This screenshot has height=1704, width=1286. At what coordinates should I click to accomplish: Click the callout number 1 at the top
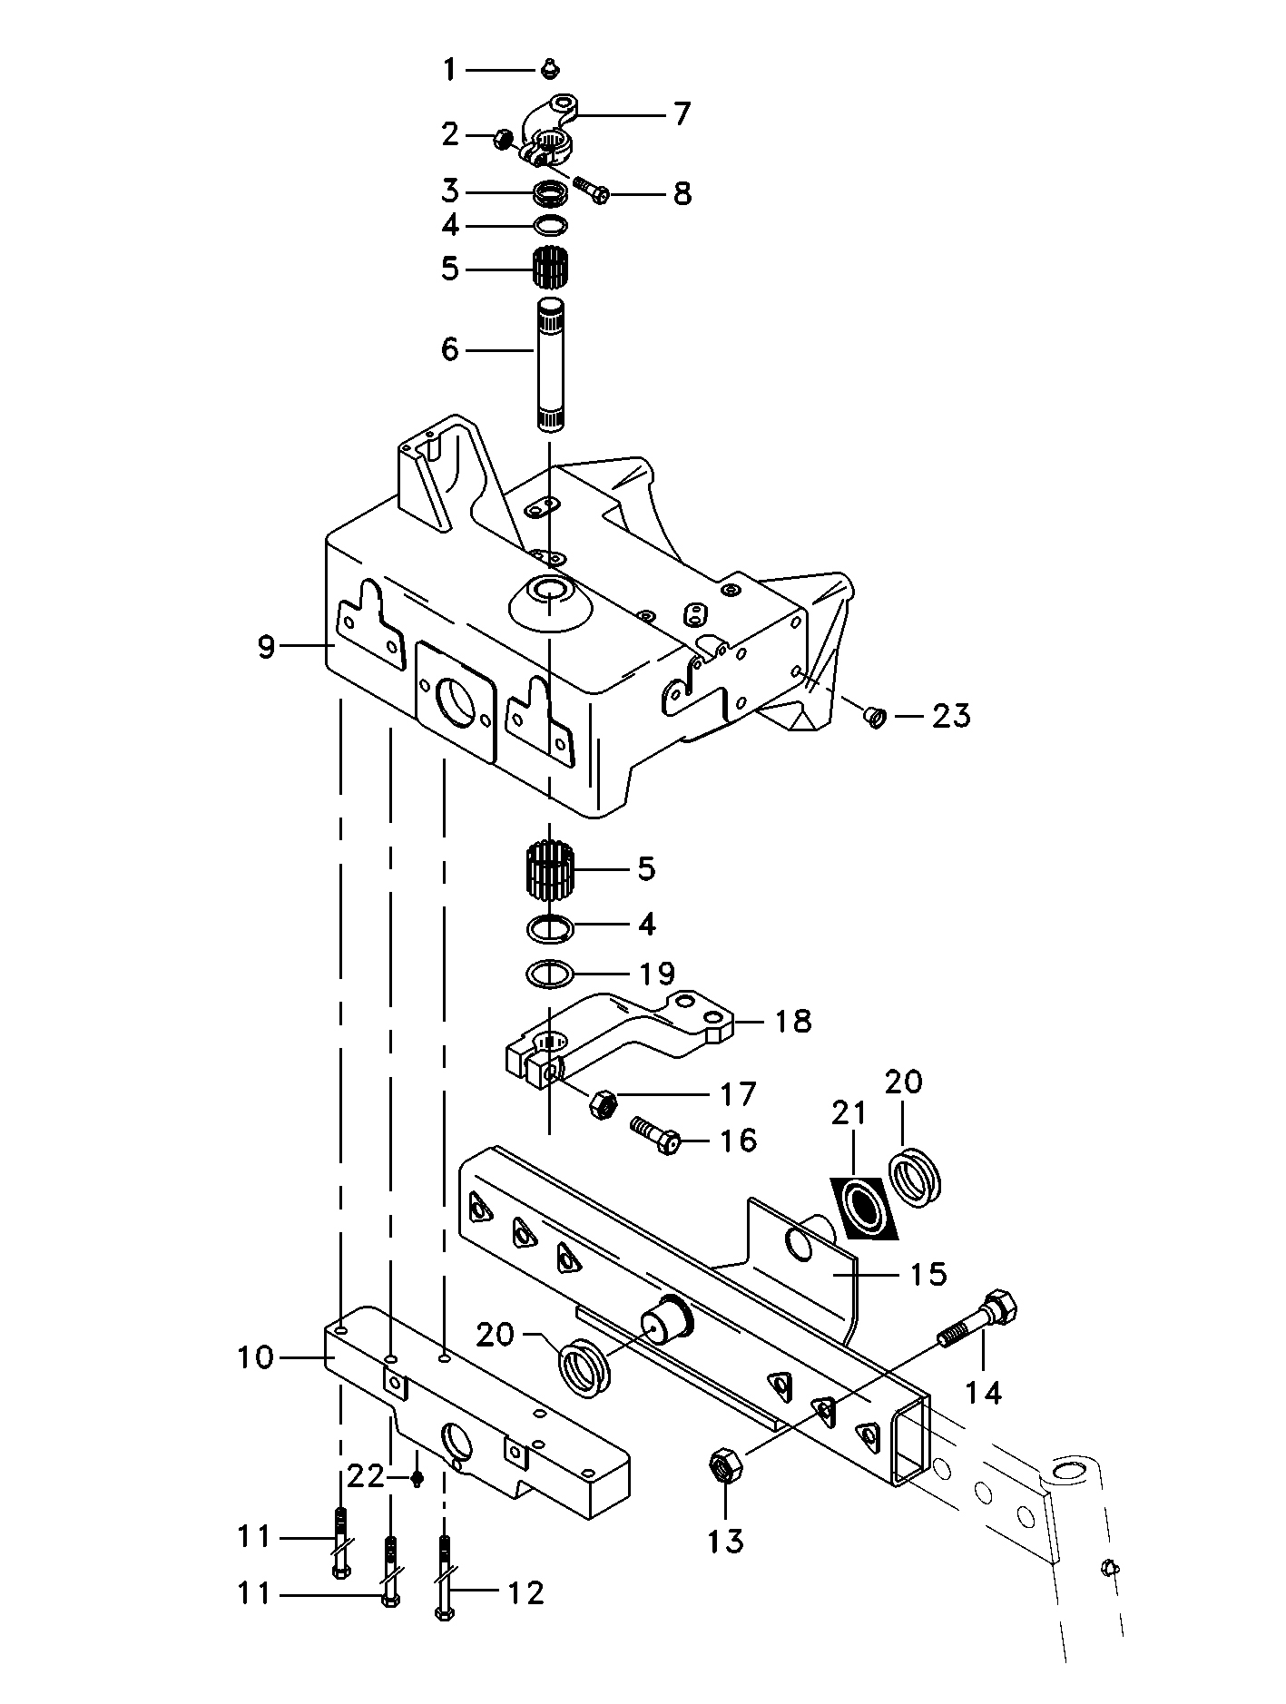pyautogui.click(x=449, y=69)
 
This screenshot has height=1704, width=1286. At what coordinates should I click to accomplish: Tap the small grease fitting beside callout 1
pyautogui.click(x=548, y=68)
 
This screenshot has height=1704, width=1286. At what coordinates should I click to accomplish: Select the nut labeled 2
pyautogui.click(x=501, y=140)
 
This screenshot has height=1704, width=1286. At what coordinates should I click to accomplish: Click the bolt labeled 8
pyautogui.click(x=591, y=189)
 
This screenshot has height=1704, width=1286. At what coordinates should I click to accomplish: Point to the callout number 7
pyautogui.click(x=682, y=114)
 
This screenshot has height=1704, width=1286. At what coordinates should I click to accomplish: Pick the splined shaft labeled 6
pyautogui.click(x=549, y=364)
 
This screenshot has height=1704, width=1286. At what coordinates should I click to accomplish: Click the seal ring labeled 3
pyautogui.click(x=550, y=192)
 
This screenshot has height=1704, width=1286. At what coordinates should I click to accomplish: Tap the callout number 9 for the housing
pyautogui.click(x=265, y=647)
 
